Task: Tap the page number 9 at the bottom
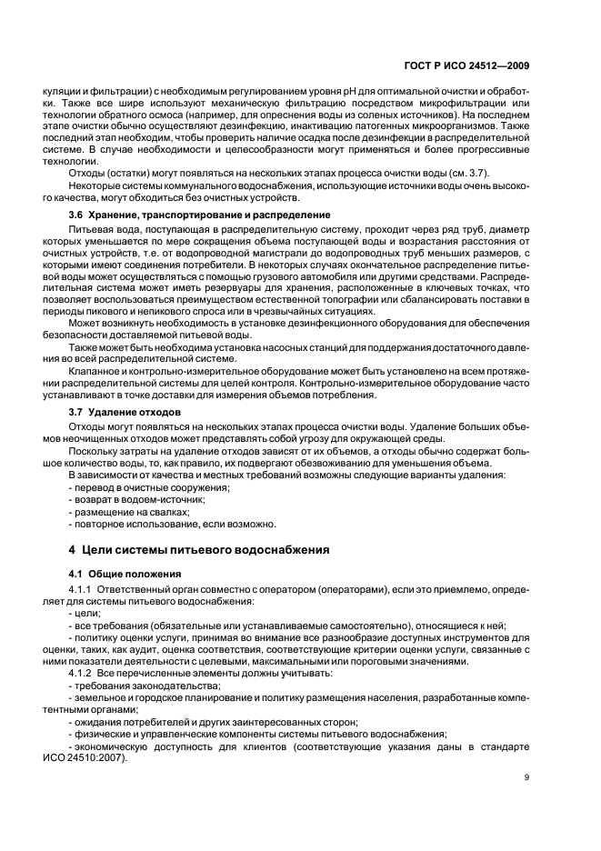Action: tap(554, 777)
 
